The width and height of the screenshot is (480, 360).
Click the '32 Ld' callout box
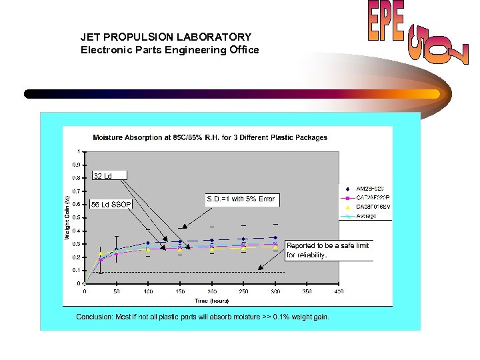pyautogui.click(x=103, y=176)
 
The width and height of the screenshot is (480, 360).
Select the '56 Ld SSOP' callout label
pyautogui.click(x=111, y=204)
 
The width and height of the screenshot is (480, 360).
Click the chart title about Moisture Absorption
pyautogui.click(x=210, y=137)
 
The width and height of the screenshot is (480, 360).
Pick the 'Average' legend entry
pyautogui.click(x=366, y=216)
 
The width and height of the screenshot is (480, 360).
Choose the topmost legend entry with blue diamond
pyautogui.click(x=369, y=188)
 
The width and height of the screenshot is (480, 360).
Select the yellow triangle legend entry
pyautogui.click(x=369, y=207)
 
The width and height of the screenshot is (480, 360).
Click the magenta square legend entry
pyautogui.click(x=369, y=197)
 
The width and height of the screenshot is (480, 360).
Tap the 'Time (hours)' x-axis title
pyautogui.click(x=210, y=301)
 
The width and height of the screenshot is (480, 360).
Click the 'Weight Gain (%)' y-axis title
pyautogui.click(x=67, y=217)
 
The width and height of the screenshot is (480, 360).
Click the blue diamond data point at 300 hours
pyautogui.click(x=274, y=237)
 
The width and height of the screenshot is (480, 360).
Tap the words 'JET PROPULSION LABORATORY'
pyautogui.click(x=166, y=37)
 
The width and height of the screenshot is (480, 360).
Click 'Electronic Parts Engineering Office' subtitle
pyautogui.click(x=169, y=50)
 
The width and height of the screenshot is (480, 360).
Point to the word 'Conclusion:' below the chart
pyautogui.click(x=96, y=317)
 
